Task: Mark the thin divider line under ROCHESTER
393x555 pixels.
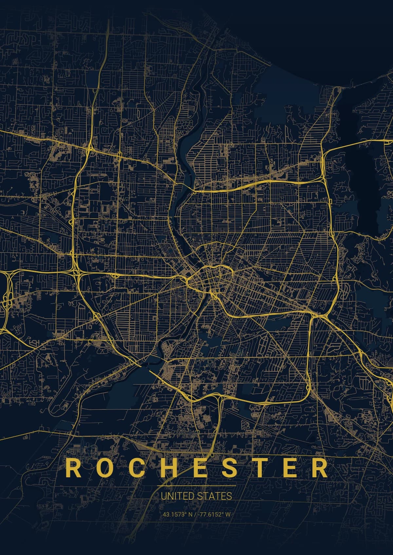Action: click(196, 486)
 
